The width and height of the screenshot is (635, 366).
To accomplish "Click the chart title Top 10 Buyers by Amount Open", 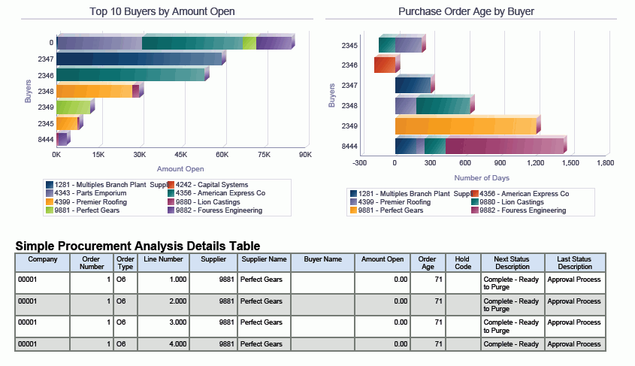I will [x=162, y=11].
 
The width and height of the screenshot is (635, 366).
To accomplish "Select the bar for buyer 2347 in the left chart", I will [x=139, y=59].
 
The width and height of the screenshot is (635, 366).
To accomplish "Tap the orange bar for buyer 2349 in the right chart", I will [x=466, y=126].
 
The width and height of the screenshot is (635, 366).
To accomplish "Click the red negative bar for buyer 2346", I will [x=384, y=65].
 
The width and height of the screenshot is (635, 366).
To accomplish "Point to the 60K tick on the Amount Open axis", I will [x=222, y=155].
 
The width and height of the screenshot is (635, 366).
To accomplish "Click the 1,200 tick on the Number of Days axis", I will [x=535, y=162].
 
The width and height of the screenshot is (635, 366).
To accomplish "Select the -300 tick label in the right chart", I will [x=359, y=162].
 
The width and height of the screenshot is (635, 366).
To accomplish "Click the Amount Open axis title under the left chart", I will [x=180, y=169].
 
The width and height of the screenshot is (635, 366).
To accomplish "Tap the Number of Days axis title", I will [x=482, y=178].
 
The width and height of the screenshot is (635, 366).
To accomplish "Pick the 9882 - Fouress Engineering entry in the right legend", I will [x=524, y=210].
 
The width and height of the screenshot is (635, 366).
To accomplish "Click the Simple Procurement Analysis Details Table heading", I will [x=138, y=246].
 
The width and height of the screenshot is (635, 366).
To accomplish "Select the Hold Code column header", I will [x=463, y=262].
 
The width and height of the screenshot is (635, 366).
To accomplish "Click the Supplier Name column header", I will [x=263, y=259].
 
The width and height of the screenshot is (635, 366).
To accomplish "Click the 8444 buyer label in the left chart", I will [x=45, y=139].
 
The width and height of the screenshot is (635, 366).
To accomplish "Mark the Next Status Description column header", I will [x=513, y=262].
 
